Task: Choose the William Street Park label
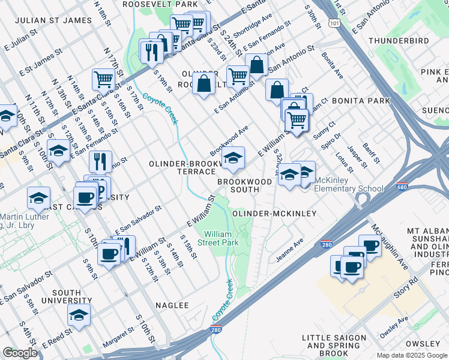coord(221,238)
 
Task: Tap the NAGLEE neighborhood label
coord(172,305)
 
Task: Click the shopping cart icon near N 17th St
coord(104,79)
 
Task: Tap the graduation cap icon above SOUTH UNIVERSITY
coord(79,314)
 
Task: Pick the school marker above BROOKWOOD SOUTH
coord(233,158)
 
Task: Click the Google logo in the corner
coord(20,353)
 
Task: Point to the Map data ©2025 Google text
coord(411,355)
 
